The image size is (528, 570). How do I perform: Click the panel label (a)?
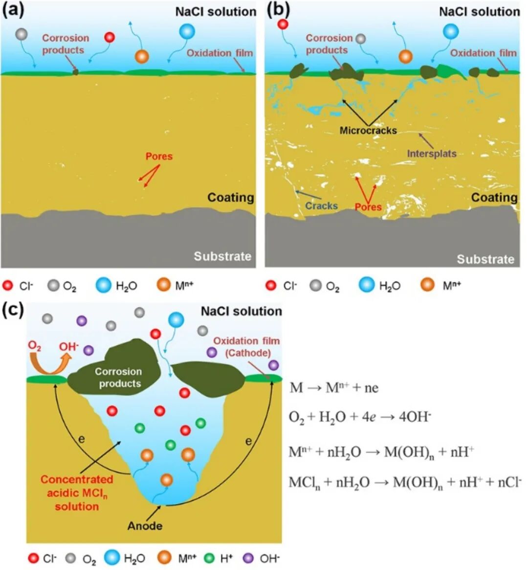13,11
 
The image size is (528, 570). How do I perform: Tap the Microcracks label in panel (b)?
368,130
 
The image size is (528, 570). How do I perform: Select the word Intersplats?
432,153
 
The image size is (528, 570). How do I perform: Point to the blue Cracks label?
321,205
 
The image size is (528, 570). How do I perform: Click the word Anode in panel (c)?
145,525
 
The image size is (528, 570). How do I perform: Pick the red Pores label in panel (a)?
159,157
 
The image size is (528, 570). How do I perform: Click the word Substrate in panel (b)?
485,259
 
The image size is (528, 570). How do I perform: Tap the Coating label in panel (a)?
231,197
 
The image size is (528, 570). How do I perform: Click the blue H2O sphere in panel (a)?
187,32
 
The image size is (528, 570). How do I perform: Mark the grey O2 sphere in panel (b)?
360,39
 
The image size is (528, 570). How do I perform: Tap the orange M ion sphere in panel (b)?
405,56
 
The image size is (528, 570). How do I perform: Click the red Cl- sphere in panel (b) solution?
283,23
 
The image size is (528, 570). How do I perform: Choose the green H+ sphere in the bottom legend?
210,557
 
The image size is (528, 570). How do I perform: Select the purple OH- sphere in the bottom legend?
249,557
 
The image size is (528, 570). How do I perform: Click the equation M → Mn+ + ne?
334,388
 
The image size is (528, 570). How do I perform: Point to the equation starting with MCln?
405,482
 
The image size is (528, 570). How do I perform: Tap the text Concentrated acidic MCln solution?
77,493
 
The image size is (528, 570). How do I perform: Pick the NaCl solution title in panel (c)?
242,311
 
